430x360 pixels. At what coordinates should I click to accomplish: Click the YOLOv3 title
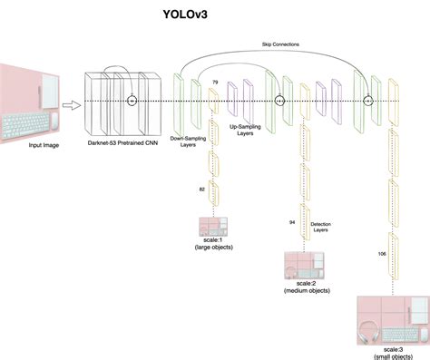pyautogui.click(x=213, y=15)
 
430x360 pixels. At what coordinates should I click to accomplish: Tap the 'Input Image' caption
pyautogui.click(x=28, y=144)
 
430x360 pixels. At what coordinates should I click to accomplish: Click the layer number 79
pyautogui.click(x=215, y=83)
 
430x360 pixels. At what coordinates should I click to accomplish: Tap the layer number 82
pyautogui.click(x=202, y=188)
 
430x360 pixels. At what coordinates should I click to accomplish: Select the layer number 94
pyautogui.click(x=292, y=221)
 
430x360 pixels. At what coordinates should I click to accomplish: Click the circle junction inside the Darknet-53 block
pyautogui.click(x=132, y=100)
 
